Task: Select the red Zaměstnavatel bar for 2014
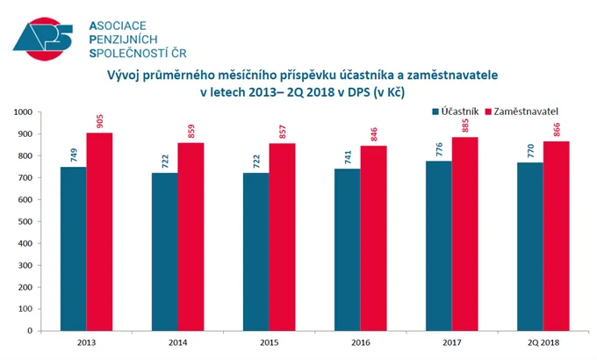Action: pyautogui.click(x=191, y=236)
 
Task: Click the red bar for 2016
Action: pyautogui.click(x=373, y=237)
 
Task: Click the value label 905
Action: pyautogui.click(x=99, y=119)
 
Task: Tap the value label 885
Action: pyautogui.click(x=464, y=124)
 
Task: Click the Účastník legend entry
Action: pyautogui.click(x=457, y=112)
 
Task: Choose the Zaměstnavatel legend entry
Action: pyautogui.click(x=526, y=112)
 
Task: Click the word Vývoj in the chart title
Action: pyautogui.click(x=126, y=76)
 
